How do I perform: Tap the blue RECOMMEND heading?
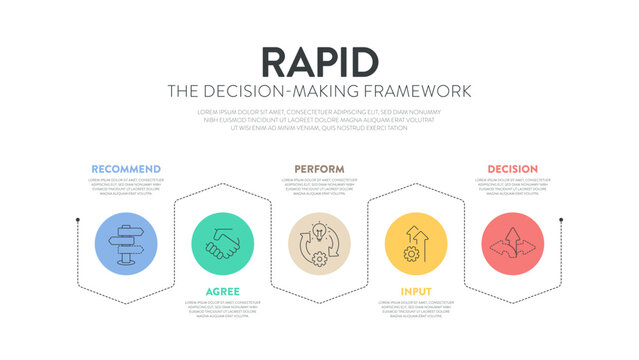[x=125, y=169]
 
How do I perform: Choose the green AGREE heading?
[x=222, y=291]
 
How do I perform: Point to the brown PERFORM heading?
[x=319, y=169]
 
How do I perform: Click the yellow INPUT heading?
[x=416, y=291]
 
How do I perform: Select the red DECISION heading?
[x=512, y=169]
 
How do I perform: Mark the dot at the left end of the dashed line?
[x=77, y=219]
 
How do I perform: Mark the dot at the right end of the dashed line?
[x=561, y=219]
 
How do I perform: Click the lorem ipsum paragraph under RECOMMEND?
[x=125, y=187]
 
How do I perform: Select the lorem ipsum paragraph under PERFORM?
[x=319, y=187]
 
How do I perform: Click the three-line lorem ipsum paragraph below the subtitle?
[x=319, y=119]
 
